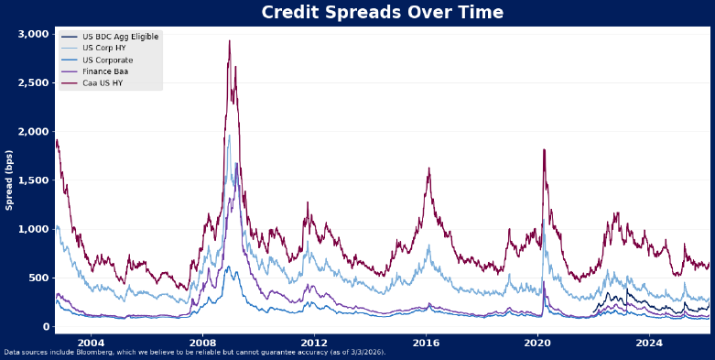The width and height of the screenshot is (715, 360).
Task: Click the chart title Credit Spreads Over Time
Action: coord(382,13)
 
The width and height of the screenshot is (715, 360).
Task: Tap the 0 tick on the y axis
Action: coord(44,327)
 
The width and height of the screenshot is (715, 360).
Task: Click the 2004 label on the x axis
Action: coord(90,343)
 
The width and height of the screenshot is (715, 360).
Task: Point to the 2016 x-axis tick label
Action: coord(426,343)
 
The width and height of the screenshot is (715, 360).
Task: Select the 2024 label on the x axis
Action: coord(649,343)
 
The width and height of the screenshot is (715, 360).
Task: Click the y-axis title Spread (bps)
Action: coord(9,180)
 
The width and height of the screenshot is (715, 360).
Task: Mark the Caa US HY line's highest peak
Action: coord(229,41)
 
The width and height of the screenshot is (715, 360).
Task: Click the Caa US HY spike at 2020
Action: coord(544,149)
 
